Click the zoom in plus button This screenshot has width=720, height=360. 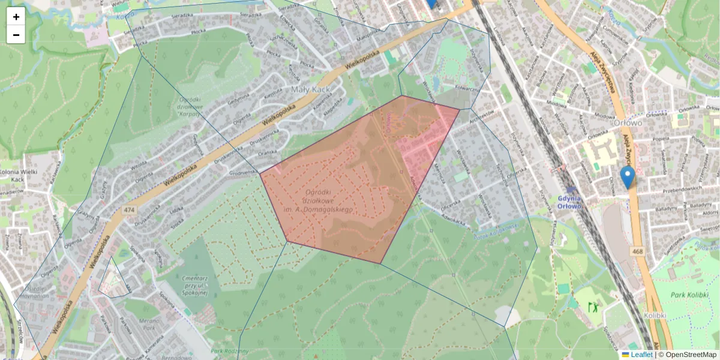coord(16,17)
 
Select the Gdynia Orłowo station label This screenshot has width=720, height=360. coord(569,202)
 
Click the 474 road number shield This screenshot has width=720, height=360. coord(129,210)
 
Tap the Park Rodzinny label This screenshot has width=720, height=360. coord(226,351)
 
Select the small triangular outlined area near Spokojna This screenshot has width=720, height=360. coord(113,281)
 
